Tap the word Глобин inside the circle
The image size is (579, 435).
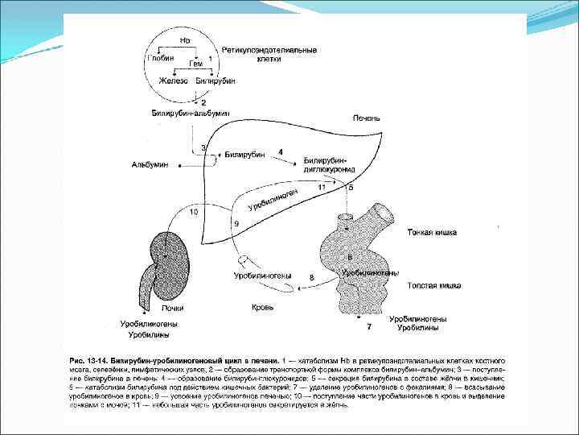click(158, 57)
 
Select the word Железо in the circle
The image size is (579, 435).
click(173, 81)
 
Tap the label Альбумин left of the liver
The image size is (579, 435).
click(150, 164)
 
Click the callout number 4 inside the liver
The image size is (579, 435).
click(280, 151)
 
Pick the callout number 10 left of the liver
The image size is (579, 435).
click(194, 212)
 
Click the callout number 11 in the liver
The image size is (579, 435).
click(322, 187)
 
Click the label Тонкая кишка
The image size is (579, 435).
click(433, 233)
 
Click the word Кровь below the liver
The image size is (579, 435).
click(262, 307)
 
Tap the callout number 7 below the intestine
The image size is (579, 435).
click(368, 327)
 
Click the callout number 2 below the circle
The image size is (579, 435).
click(203, 102)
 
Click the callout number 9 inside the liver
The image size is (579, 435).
click(236, 222)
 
